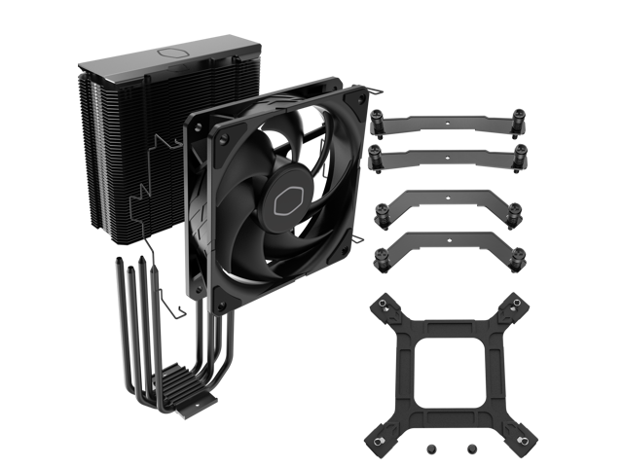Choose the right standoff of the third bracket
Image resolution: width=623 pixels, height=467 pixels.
pyautogui.click(x=513, y=213)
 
